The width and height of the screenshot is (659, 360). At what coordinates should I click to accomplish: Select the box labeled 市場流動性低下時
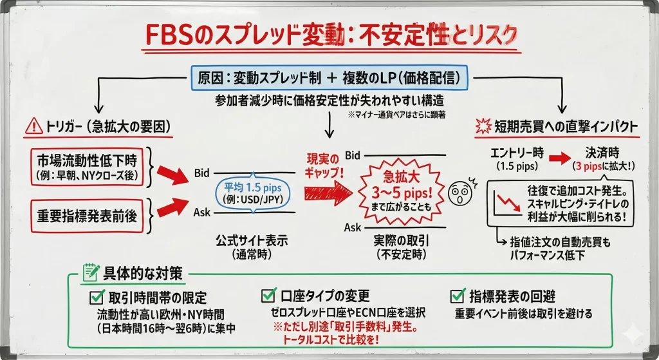(87, 166)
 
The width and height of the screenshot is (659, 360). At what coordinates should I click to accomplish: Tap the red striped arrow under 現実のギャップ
(328, 191)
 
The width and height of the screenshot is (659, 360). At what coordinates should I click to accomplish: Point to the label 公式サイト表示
(252, 242)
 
